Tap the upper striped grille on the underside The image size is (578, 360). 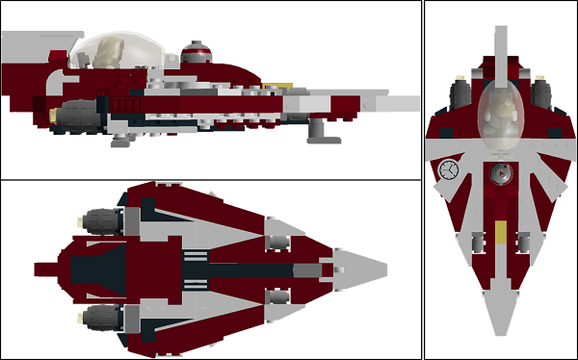click(194, 254)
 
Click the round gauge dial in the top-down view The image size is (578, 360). click(448, 171)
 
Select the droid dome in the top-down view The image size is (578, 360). click(499, 173)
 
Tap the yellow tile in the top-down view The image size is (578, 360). click(500, 231)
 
